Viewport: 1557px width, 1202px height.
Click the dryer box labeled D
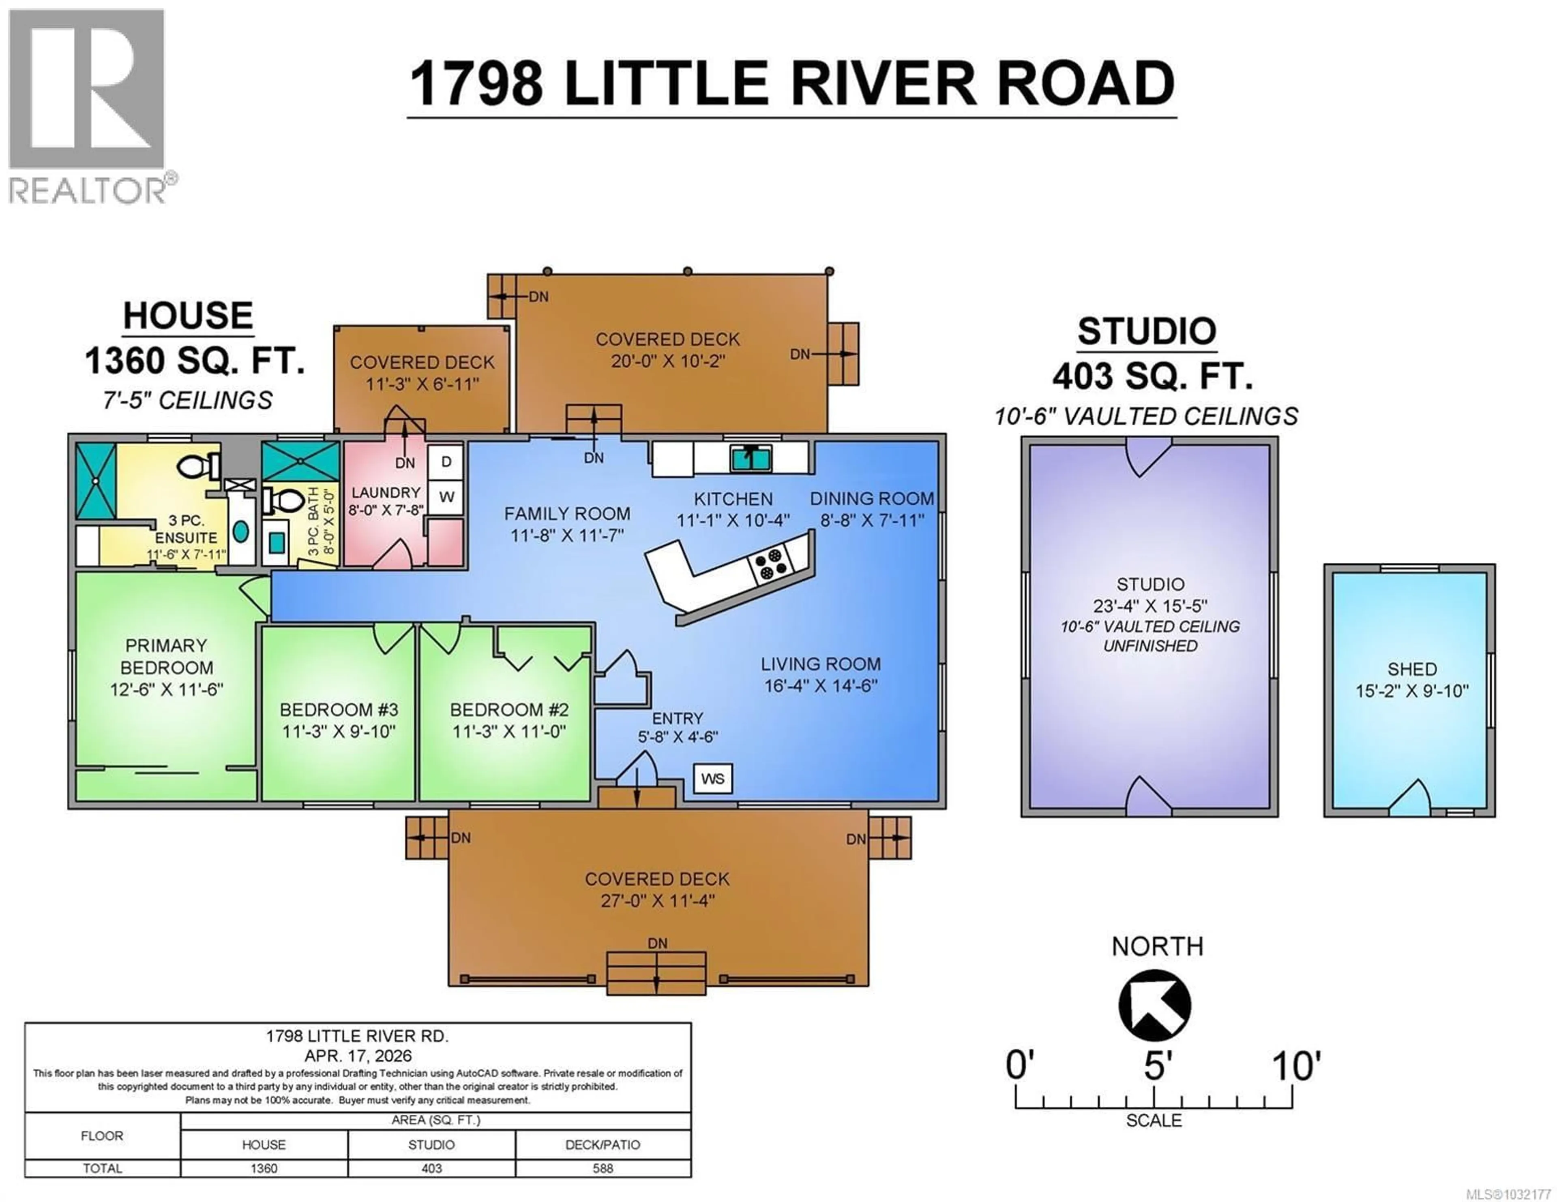point(446,462)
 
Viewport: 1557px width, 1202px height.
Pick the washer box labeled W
point(446,497)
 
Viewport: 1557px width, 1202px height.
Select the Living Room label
point(821,664)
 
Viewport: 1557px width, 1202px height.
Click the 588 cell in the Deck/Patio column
point(603,1168)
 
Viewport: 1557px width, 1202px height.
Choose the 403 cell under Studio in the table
point(431,1168)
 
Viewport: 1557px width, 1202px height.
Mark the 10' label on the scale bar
point(1296,1067)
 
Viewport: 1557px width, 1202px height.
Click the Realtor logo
point(87,107)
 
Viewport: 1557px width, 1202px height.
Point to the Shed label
point(1411,669)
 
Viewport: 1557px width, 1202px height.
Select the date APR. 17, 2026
point(358,1056)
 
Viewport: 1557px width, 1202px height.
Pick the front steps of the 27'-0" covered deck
point(656,973)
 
